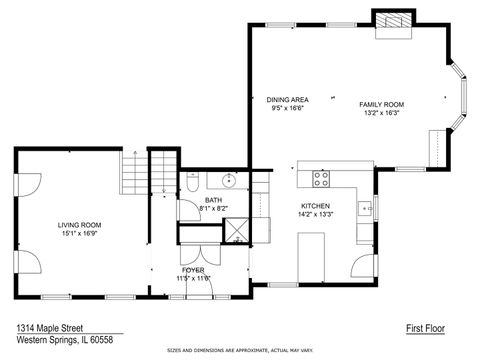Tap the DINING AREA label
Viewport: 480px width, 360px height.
point(286,100)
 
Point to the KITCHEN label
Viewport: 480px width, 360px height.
point(315,205)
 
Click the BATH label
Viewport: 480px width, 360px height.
point(214,200)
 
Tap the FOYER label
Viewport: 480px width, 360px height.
point(193,270)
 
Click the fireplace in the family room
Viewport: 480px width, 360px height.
point(392,22)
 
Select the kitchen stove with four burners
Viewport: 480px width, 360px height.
point(323,179)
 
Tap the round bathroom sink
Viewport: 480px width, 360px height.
point(229,181)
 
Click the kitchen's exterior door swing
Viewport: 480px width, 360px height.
point(361,265)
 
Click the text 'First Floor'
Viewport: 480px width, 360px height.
point(424,328)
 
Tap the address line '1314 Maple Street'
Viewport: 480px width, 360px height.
point(49,327)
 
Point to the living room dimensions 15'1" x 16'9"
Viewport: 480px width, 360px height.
point(78,237)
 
